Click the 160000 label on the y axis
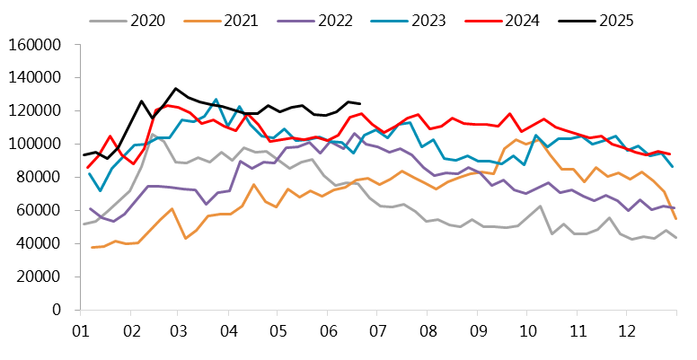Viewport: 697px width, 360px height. tap(33, 44)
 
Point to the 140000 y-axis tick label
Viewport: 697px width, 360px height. tap(33, 77)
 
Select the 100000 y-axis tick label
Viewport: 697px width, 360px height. tap(33, 144)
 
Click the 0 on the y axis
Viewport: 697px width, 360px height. tap(55, 310)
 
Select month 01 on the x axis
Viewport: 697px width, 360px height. tap(79, 330)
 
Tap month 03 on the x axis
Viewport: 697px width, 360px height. tap(179, 330)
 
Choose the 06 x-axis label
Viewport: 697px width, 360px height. tap(329, 330)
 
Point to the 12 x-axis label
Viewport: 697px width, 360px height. tap(628, 330)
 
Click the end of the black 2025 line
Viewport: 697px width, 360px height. tap(360, 104)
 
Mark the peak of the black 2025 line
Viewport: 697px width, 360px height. tap(176, 89)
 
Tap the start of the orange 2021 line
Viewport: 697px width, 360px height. tap(91, 247)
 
